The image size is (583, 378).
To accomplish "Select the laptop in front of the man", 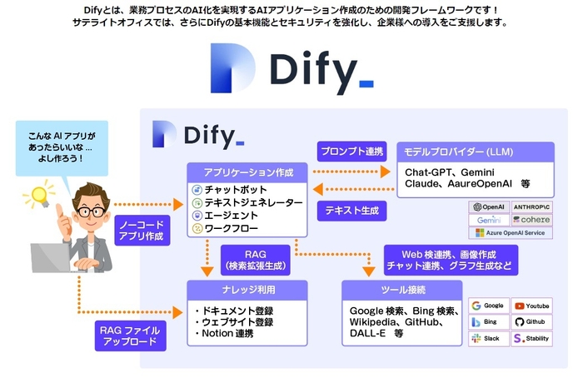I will (x=54, y=262).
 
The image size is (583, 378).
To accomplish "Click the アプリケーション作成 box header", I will (x=247, y=172).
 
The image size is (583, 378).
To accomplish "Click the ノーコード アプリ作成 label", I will (x=142, y=229).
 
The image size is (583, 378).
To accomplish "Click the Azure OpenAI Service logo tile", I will (x=511, y=234).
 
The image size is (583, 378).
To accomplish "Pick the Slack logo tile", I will (x=488, y=338).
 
